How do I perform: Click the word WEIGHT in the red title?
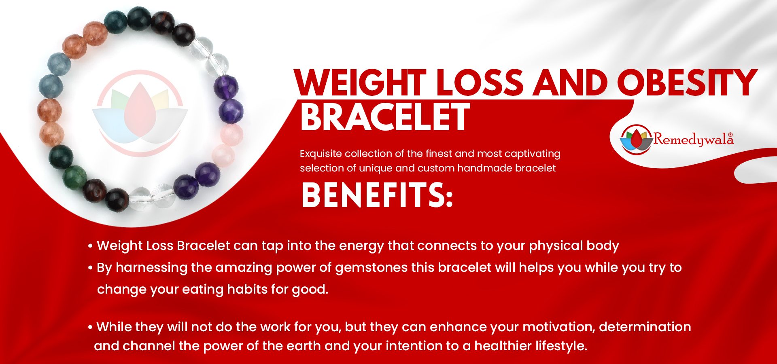point(360,83)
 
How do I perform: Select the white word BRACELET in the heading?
point(385,117)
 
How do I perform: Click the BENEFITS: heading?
point(377,195)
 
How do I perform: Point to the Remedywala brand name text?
point(693,140)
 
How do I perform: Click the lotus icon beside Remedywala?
point(636,139)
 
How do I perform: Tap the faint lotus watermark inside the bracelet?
point(140,113)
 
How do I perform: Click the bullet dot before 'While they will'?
point(90,327)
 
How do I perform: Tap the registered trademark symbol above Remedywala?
point(730,134)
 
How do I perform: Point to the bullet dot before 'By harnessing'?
point(90,268)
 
